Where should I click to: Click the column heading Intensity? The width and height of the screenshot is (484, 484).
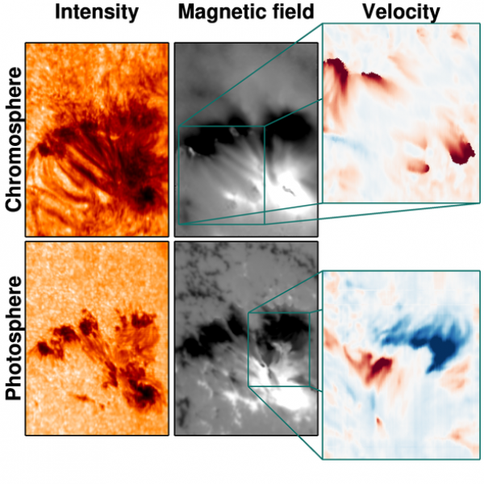click(97, 12)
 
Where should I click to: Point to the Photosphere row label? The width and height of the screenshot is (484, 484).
click(12, 339)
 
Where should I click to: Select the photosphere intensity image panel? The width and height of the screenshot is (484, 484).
click(97, 339)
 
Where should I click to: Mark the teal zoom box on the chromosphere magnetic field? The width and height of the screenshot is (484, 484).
click(221, 173)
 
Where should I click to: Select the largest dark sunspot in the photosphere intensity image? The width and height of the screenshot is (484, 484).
click(147, 394)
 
